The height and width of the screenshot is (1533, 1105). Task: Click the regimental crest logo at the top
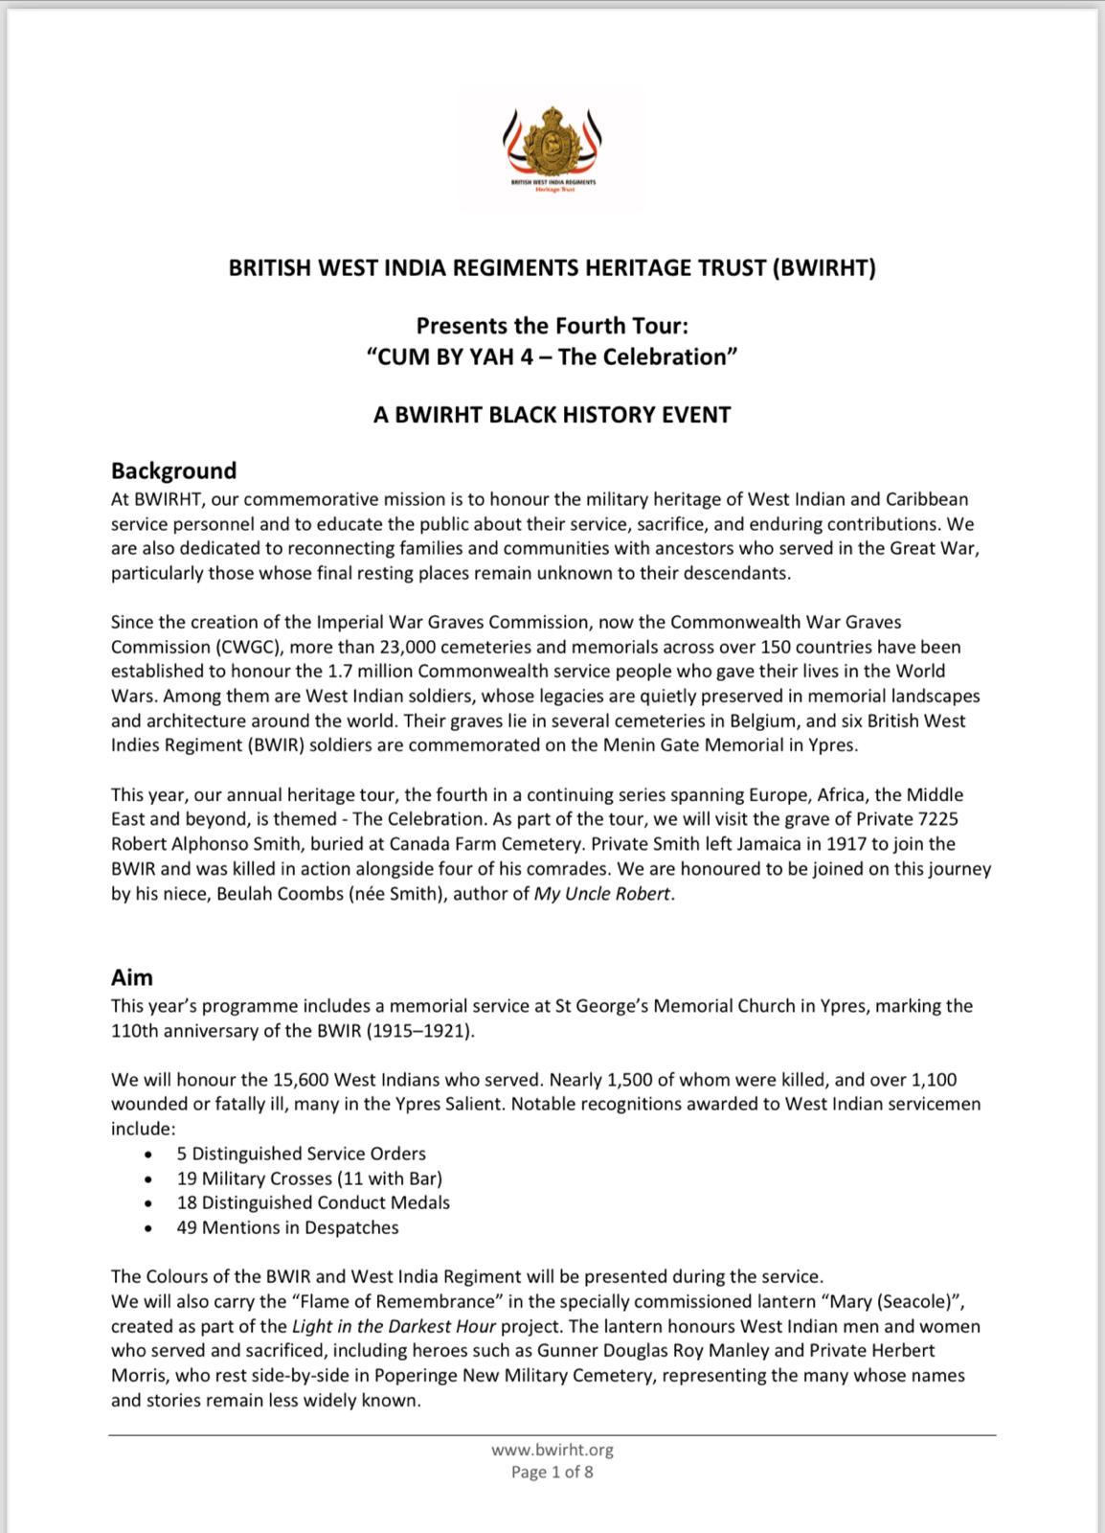click(x=552, y=144)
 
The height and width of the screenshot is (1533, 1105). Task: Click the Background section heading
click(x=173, y=470)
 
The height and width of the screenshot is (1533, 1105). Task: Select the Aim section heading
click(x=132, y=977)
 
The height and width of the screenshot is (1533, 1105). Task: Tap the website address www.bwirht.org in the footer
click(x=552, y=1451)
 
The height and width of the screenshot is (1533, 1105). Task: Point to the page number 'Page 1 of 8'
click(x=552, y=1472)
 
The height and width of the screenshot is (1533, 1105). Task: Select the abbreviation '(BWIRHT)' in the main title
click(x=823, y=268)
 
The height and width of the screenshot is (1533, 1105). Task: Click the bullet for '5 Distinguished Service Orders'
click(x=148, y=1155)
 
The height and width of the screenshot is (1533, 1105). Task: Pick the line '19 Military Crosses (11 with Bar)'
click(x=309, y=1178)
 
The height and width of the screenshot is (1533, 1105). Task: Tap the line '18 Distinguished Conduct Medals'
click(x=313, y=1202)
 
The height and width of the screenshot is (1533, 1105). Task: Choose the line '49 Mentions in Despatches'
click(x=287, y=1227)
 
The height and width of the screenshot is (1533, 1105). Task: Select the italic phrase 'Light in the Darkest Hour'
click(x=394, y=1327)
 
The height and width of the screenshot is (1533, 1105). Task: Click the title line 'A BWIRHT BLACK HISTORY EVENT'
click(x=552, y=415)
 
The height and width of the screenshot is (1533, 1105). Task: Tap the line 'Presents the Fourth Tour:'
click(x=552, y=326)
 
